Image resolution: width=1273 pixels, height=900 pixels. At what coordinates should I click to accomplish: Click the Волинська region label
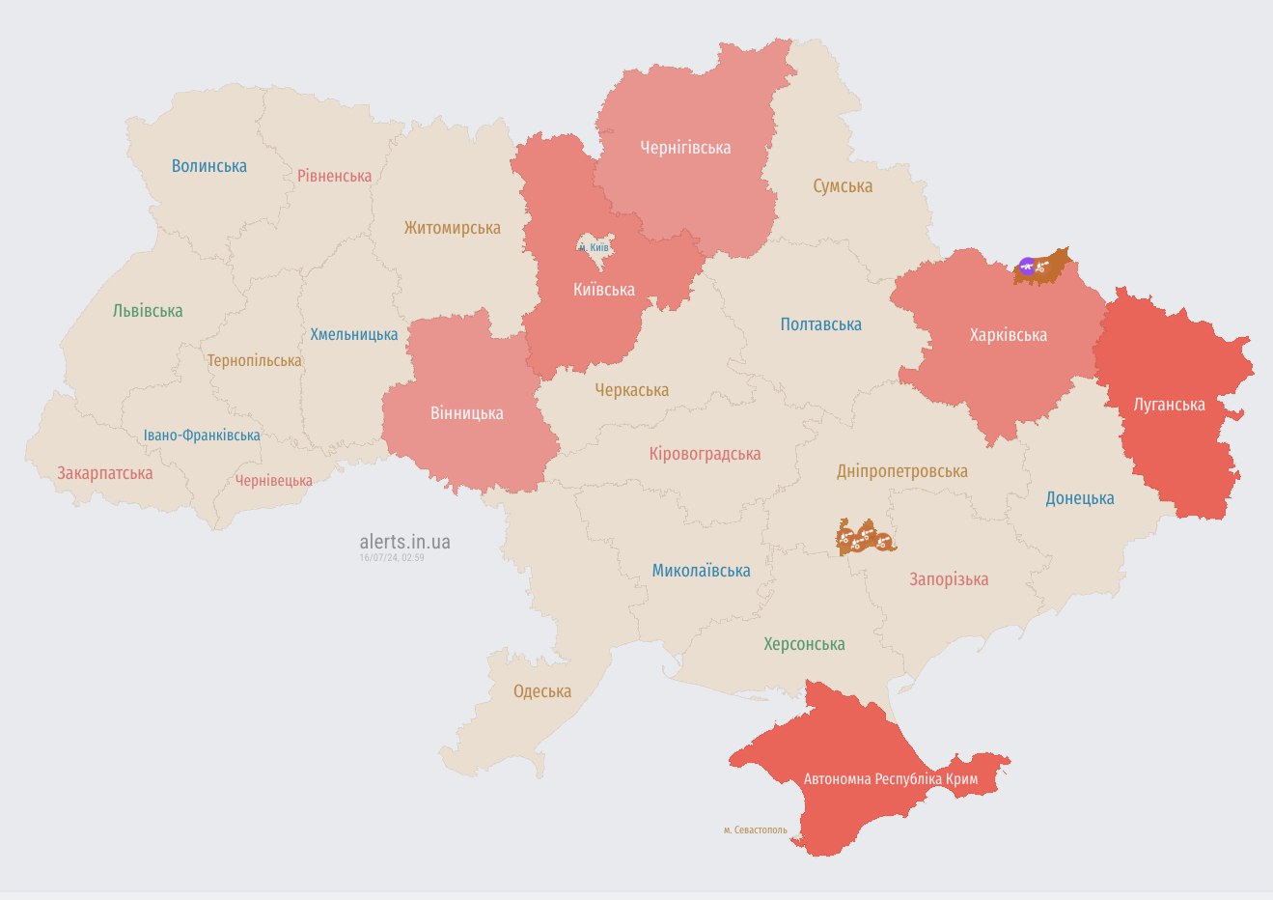pos(208,166)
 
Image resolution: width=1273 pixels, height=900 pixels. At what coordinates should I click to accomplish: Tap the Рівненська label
pos(334,176)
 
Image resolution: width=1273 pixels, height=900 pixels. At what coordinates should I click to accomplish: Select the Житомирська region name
pos(452,228)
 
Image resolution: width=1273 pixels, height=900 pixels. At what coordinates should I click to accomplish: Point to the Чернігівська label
pos(685,148)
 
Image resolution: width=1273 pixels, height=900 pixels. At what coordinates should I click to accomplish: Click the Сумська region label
pos(842,186)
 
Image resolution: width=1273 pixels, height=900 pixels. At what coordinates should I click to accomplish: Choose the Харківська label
pos(1008,335)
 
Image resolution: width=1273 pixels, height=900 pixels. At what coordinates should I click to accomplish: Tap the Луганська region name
pos(1169,405)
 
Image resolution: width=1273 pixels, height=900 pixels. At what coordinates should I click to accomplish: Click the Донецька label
pos(1079,498)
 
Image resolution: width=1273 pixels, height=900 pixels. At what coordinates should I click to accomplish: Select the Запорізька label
pos(948,579)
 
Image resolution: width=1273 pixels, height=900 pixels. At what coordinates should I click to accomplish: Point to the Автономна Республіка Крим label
pos(890,778)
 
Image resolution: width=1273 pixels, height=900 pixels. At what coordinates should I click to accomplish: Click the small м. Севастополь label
pos(755,830)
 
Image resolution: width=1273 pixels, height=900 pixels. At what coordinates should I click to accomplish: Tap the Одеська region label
pos(541,691)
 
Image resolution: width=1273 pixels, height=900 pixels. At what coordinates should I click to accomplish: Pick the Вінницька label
pos(466,413)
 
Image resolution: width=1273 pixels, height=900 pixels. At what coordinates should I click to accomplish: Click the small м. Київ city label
pos(594,248)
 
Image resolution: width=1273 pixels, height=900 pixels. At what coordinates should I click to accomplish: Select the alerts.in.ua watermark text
pos(404,542)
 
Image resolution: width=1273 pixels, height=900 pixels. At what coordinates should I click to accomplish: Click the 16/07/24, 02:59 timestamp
pos(392,558)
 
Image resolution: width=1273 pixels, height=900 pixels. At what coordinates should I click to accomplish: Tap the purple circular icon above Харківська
pos(1027,266)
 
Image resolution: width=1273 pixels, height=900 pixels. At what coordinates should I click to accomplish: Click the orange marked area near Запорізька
pos(865,537)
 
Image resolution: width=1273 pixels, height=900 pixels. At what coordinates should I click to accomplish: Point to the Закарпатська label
pos(104,473)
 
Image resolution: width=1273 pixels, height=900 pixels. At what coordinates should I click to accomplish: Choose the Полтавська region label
pos(820,324)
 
